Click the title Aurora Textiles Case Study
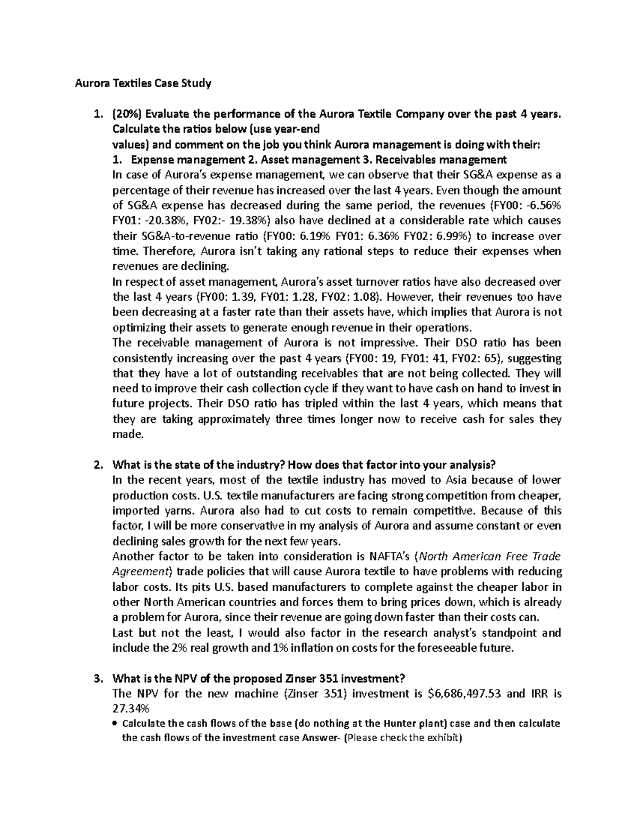tap(142, 83)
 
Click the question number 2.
tap(97, 465)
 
